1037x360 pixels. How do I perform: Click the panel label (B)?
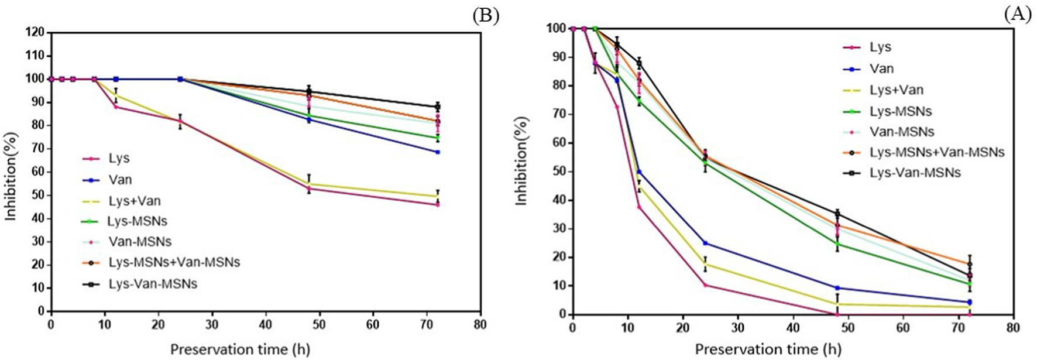tap(486, 15)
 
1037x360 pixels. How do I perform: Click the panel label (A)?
tap(1018, 14)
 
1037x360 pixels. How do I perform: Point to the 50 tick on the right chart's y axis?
tap(559, 172)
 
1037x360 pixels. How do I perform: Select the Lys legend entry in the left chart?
tap(119, 159)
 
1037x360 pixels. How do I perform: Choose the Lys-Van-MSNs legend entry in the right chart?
tap(915, 173)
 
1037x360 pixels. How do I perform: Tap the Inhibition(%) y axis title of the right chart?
tap(521, 160)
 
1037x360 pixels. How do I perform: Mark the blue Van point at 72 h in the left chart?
tap(437, 152)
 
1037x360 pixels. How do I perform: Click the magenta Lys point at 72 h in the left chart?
tap(437, 204)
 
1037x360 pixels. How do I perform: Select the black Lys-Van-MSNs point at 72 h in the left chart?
tap(437, 107)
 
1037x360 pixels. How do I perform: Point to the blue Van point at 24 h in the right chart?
tap(705, 243)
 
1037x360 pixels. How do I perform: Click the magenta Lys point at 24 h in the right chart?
tap(705, 285)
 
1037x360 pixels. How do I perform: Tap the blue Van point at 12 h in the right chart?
tap(639, 172)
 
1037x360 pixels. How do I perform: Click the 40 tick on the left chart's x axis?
tap(266, 324)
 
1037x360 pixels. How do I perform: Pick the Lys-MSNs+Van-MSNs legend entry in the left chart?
tap(174, 262)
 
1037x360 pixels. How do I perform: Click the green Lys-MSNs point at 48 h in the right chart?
tap(837, 244)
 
